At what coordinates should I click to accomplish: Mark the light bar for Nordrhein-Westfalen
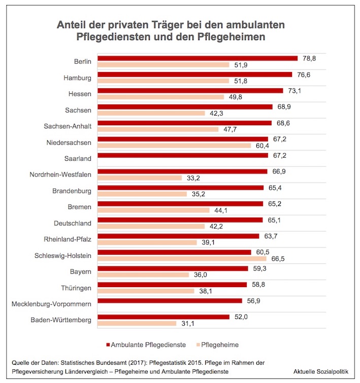tap(140, 178)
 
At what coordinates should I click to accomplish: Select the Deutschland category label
tap(73, 223)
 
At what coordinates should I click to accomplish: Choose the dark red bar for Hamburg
tap(195, 75)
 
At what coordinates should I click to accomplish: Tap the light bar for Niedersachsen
tap(174, 146)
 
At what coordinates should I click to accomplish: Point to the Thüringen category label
tap(77, 288)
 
